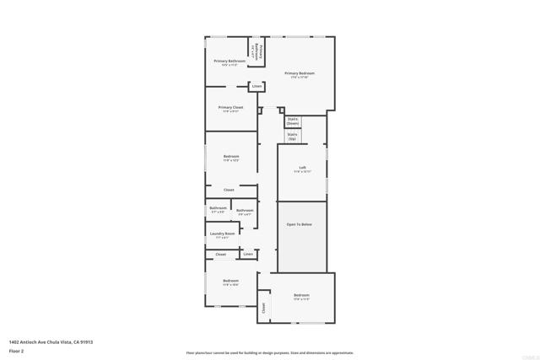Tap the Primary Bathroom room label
(229, 61)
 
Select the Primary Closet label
(230, 107)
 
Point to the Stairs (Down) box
(293, 121)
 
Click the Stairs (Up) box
(292, 136)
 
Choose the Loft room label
(302, 168)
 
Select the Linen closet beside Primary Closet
(256, 86)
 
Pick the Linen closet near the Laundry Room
(248, 254)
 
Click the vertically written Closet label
(263, 309)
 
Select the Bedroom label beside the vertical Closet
(301, 295)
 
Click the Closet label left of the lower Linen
(221, 254)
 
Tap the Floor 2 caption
(17, 350)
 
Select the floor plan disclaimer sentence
(270, 352)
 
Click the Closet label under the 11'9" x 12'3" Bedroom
(229, 190)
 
